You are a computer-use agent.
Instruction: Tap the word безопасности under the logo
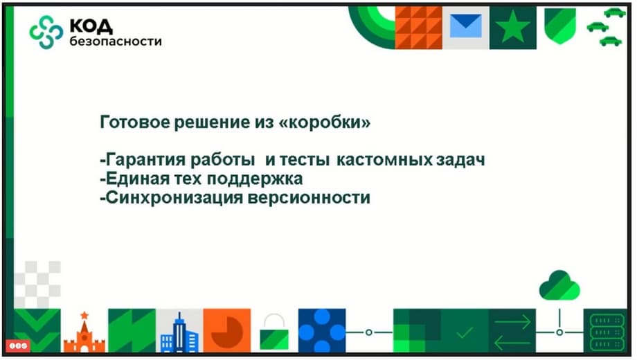tap(116, 41)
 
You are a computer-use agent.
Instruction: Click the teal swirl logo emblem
tap(46, 32)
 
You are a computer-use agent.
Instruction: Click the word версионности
tap(309, 198)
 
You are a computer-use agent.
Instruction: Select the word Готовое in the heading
tap(134, 122)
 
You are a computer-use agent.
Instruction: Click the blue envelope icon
tap(465, 26)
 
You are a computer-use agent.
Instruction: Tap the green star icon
tap(512, 27)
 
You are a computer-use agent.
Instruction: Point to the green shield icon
tap(560, 26)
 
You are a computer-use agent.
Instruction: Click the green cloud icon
tap(559, 285)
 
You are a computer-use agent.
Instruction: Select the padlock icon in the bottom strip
tap(274, 332)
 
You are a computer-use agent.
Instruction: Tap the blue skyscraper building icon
tap(179, 333)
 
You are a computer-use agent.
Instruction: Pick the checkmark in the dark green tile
tap(465, 333)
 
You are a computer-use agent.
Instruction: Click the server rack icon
tap(607, 332)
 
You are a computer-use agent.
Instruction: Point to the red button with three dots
tap(18, 345)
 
